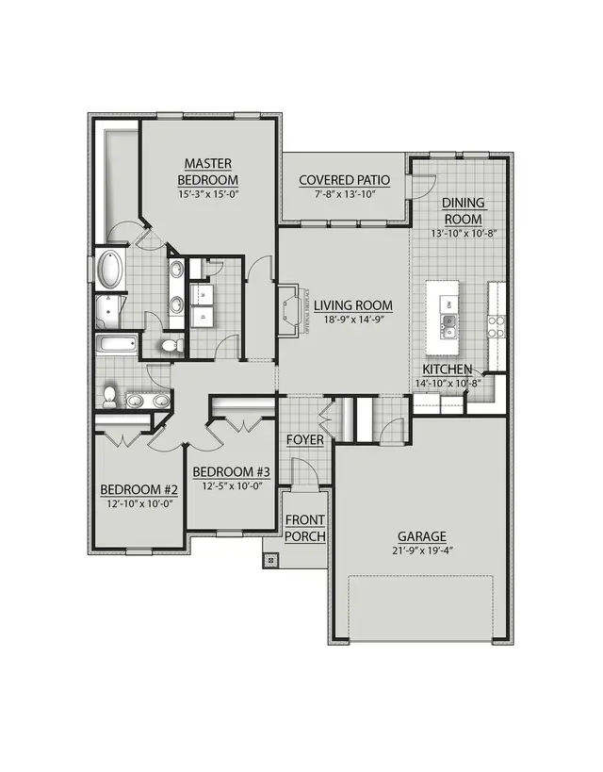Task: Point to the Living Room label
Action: coord(353,305)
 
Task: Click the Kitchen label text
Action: coord(448,370)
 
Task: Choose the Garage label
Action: coord(420,536)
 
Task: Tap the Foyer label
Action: coord(303,440)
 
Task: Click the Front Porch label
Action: coord(305,528)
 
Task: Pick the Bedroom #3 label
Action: coord(231,471)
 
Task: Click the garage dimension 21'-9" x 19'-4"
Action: coord(420,550)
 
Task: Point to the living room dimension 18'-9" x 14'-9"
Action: coord(353,320)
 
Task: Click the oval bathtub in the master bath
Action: coord(110,271)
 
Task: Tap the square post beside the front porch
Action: coord(271,560)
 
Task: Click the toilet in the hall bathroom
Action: coord(110,395)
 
